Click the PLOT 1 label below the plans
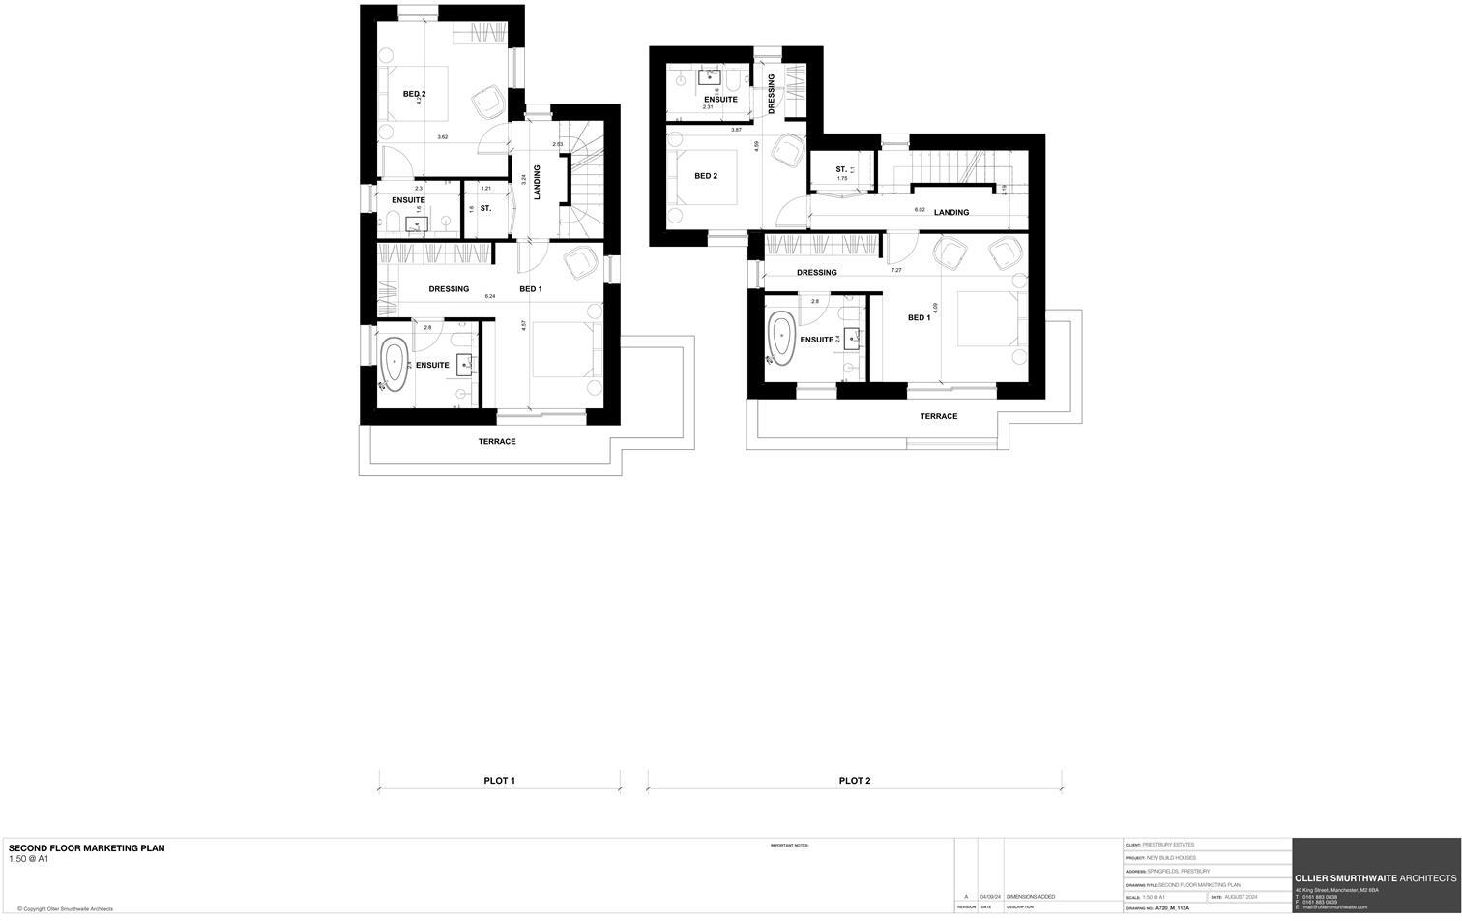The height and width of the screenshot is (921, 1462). (499, 781)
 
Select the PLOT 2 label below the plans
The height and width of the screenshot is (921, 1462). (855, 781)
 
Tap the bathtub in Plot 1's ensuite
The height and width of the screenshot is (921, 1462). (395, 365)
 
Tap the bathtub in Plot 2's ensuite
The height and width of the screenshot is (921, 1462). (780, 338)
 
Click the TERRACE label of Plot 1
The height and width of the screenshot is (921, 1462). (497, 442)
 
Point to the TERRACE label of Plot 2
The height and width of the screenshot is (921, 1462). (938, 416)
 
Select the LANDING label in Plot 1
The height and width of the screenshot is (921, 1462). (537, 183)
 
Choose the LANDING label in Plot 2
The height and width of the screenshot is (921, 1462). (950, 213)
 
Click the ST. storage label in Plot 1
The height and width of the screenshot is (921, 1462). (485, 208)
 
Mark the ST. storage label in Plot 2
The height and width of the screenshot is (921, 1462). (841, 170)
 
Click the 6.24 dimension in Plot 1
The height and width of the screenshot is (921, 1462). (490, 297)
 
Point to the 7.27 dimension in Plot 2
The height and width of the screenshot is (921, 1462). (896, 271)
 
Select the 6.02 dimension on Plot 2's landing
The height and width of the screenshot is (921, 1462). (921, 210)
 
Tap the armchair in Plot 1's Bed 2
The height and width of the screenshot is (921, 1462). (487, 102)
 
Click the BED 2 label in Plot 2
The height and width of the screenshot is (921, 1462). (706, 176)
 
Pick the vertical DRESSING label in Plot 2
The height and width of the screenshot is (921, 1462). (772, 94)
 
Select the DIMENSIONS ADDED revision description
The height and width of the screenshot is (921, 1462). (1031, 897)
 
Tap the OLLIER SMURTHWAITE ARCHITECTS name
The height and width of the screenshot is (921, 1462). (1375, 878)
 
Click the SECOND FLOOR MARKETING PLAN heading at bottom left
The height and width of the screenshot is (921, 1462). (87, 848)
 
